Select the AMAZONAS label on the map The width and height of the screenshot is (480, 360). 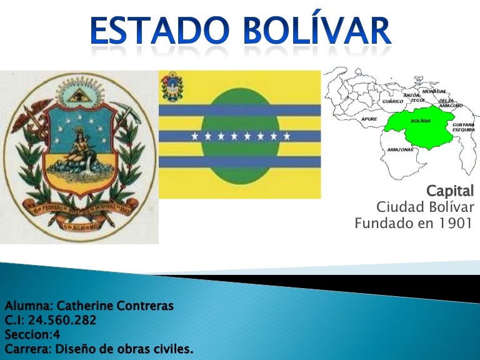pyautogui.click(x=399, y=150)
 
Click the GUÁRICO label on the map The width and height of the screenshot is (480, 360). pyautogui.click(x=392, y=101)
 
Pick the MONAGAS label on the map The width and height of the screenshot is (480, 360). pyautogui.click(x=434, y=91)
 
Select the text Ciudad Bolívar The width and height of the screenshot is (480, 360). pyautogui.click(x=425, y=207)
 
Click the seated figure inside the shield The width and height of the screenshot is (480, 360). pyautogui.click(x=79, y=150)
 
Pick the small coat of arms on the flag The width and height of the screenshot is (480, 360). pyautogui.click(x=169, y=86)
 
